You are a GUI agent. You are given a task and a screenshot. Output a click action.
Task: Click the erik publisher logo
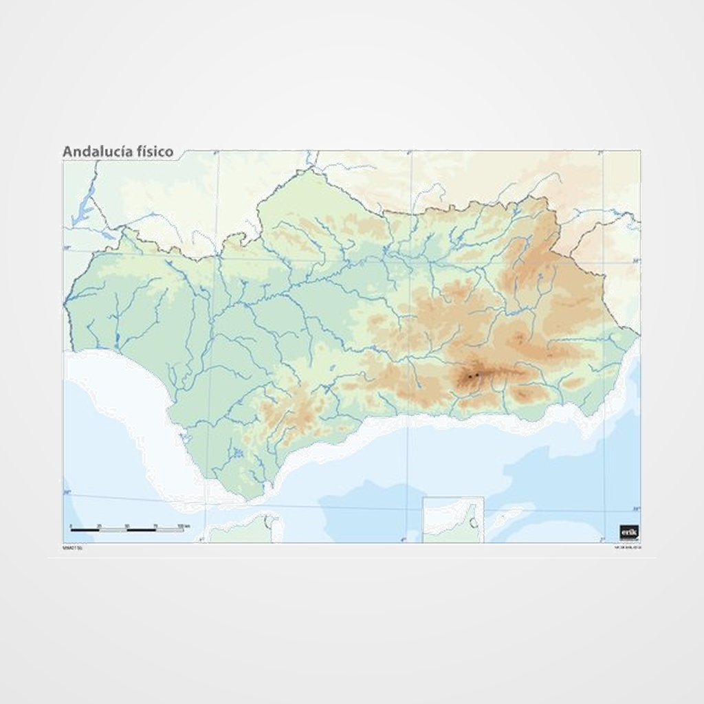(629, 531)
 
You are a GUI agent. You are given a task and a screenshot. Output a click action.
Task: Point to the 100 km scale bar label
(182, 526)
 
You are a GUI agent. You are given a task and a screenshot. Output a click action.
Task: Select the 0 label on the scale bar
(71, 526)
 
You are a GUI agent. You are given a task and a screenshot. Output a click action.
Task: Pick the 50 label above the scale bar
(127, 526)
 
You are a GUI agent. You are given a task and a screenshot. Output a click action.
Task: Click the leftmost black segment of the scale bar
(85, 530)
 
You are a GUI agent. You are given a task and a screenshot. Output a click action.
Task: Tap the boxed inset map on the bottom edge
(452, 520)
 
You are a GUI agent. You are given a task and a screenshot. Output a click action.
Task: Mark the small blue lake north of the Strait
(238, 452)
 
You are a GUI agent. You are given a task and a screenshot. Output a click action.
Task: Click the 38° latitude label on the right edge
(636, 261)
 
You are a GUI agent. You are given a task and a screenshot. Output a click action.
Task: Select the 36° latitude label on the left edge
(67, 492)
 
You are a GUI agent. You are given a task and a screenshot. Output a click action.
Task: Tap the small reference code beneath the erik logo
(628, 548)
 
